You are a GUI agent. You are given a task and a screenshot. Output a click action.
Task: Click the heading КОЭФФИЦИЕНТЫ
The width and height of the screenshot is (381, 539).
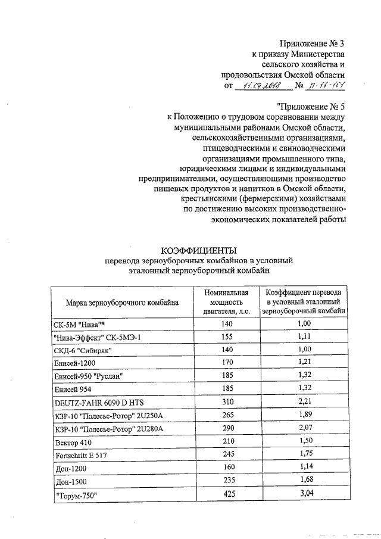(x=199, y=250)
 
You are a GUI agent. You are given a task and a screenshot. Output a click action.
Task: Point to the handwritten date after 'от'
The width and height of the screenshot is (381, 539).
(x=263, y=86)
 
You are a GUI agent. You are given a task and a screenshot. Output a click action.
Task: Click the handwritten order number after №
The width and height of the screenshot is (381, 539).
(x=325, y=86)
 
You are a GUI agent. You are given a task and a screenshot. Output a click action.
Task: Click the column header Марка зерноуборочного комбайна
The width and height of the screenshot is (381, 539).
(x=122, y=303)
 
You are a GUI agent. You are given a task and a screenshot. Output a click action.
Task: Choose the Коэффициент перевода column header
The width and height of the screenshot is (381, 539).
(x=304, y=302)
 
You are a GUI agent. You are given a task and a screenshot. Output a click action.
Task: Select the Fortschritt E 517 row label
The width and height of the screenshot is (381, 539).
(x=80, y=455)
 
